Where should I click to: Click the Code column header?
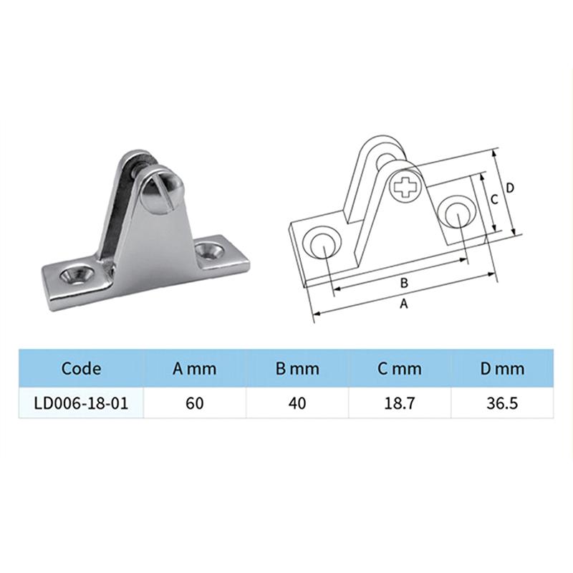[x=81, y=369]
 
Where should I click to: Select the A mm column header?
[x=194, y=369]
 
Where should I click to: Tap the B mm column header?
[x=297, y=369]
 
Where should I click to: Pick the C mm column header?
[x=400, y=369]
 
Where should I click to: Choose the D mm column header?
[x=502, y=369]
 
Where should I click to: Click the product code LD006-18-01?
[x=81, y=403]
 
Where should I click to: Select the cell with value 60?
[x=194, y=403]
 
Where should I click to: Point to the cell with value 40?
[x=297, y=403]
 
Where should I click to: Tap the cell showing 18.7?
[x=400, y=403]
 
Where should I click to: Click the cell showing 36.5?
[x=502, y=403]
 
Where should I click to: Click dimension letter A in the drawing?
[x=403, y=304]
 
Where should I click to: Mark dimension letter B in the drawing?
[x=403, y=282]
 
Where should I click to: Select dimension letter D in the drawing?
[x=509, y=188]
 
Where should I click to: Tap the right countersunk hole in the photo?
[x=211, y=251]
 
